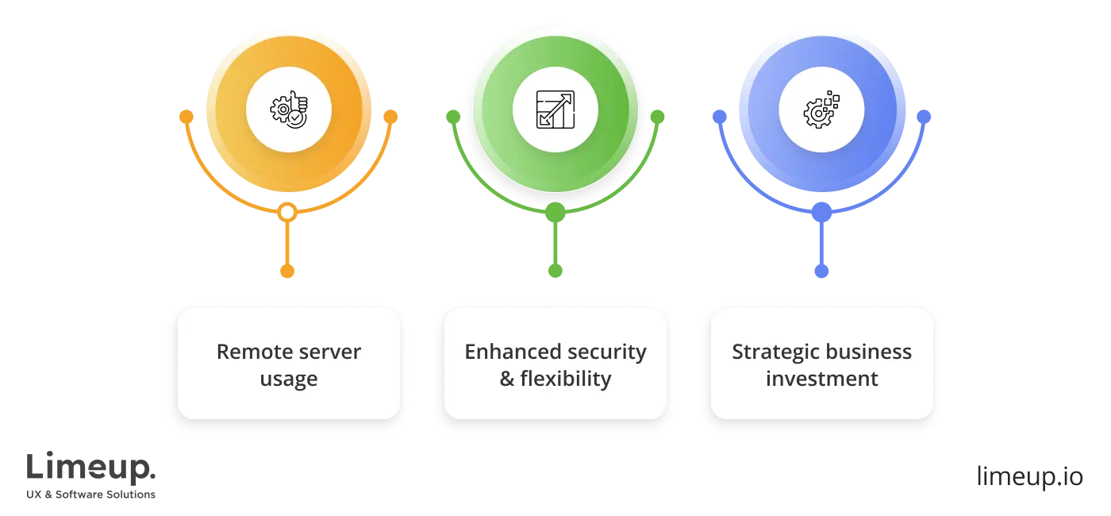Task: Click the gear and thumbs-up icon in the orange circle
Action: (288, 110)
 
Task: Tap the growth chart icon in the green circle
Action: (555, 110)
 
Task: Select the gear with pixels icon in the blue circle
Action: (821, 110)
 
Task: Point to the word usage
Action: (289, 379)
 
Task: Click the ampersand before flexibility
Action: (507, 379)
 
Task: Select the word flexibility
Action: (566, 379)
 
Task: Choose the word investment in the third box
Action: (821, 379)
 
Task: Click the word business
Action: (870, 352)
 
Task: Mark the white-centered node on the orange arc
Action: (288, 212)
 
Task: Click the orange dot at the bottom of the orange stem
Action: (288, 271)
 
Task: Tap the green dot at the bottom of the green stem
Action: (555, 271)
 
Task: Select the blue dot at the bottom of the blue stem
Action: (821, 271)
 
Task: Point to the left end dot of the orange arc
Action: (186, 117)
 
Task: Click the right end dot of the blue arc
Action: (924, 117)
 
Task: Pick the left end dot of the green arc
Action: (453, 117)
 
